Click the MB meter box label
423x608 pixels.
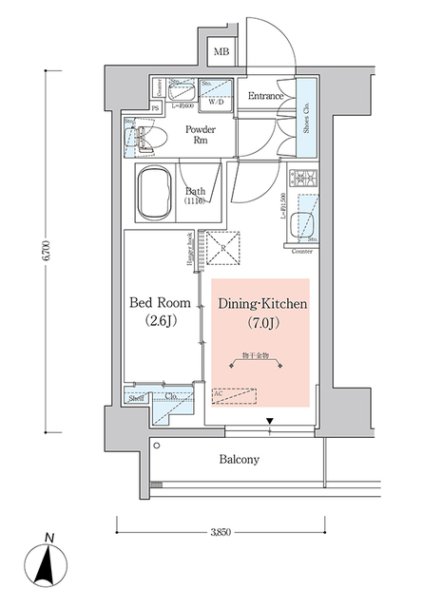(221, 52)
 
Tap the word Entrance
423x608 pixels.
(266, 97)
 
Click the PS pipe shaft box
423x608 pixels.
(156, 108)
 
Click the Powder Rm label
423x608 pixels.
(200, 136)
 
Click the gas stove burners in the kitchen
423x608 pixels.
(303, 178)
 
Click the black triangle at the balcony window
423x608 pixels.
(269, 421)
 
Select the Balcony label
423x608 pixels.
(239, 460)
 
